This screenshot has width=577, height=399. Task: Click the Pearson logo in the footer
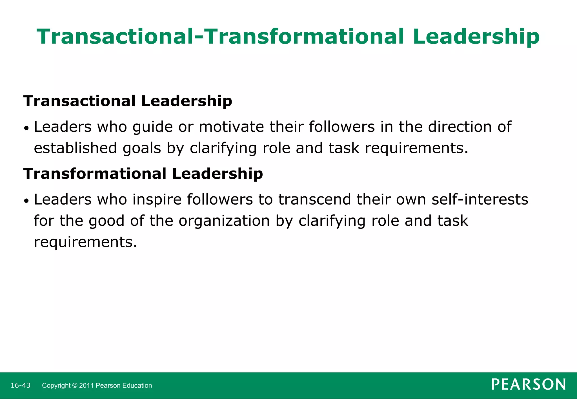[x=528, y=384]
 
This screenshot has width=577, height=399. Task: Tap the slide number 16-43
[x=21, y=385]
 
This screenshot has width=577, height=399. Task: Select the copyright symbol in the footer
[x=75, y=385]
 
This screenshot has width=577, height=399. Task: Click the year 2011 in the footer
[x=86, y=385]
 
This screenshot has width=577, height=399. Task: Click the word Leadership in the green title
[x=476, y=37]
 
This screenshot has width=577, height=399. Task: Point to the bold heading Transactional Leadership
[x=128, y=101]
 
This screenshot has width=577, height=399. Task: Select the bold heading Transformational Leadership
[x=143, y=173]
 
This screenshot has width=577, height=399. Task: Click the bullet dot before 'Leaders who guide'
[x=26, y=128]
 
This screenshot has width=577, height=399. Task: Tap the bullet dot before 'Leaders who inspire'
[x=26, y=201]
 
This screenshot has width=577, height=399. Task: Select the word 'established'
[x=75, y=148]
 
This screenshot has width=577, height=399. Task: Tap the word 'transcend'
[x=314, y=199]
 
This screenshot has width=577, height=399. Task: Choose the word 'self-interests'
[x=480, y=199]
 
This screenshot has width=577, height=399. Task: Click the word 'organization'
[x=224, y=221]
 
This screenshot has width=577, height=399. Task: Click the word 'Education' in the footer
[x=138, y=385]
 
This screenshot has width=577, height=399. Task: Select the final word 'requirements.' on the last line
[x=85, y=242]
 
